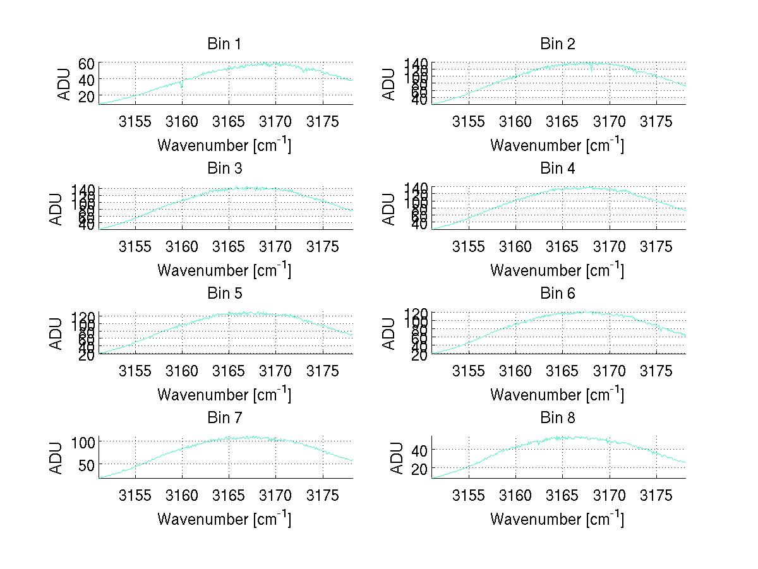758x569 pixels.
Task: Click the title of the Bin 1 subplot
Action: (224, 44)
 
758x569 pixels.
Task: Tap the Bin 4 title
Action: (557, 169)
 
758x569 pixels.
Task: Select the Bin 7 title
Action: (224, 418)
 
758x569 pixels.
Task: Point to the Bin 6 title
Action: (557, 294)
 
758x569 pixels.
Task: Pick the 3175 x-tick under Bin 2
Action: (656, 122)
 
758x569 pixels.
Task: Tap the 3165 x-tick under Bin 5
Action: (229, 371)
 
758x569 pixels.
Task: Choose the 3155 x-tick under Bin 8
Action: (469, 496)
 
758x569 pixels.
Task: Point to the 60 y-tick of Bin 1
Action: (87, 64)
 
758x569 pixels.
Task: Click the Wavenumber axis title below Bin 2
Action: (557, 145)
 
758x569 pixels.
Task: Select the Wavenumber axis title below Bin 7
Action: (224, 519)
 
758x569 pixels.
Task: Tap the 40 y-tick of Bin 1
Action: (87, 80)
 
